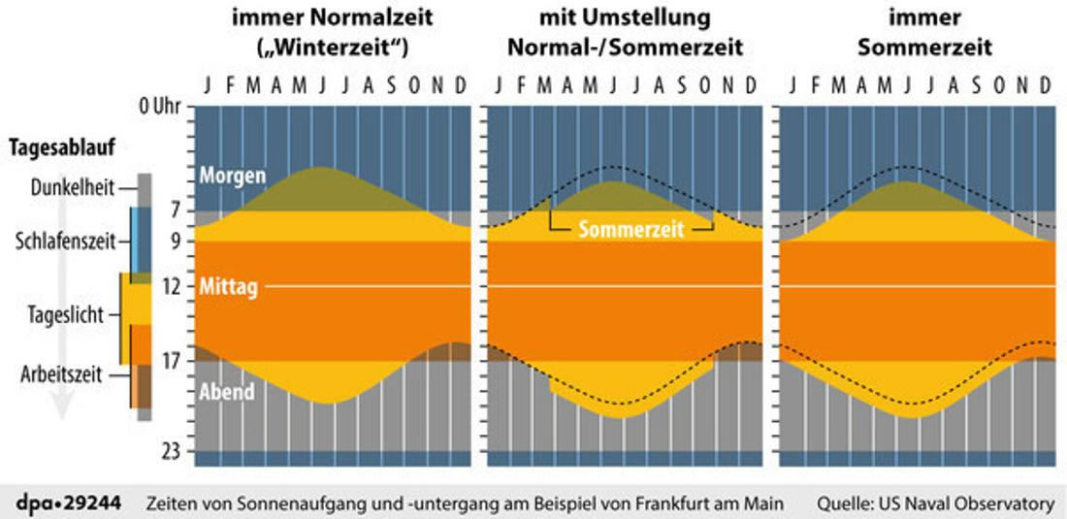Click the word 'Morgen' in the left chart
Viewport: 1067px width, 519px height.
(232, 177)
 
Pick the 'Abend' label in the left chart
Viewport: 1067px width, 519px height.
(226, 392)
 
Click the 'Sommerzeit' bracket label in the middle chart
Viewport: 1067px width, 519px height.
(631, 230)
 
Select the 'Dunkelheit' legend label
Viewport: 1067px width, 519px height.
(71, 187)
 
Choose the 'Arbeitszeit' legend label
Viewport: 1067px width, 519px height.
(62, 376)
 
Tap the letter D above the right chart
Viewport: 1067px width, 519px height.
(1045, 85)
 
